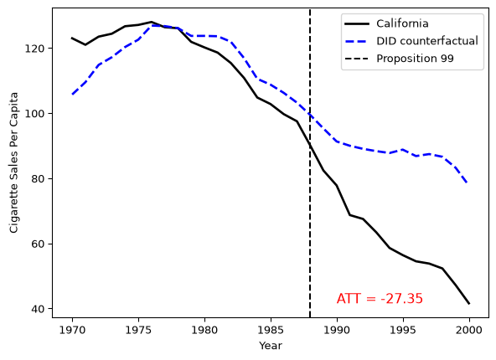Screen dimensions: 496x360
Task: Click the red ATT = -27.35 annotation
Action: tap(380, 299)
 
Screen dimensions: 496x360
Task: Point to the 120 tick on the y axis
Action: tap(34, 49)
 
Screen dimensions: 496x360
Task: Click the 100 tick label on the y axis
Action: tap(34, 114)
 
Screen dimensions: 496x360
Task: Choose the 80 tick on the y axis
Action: tap(37, 178)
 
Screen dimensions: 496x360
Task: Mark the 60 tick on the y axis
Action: tap(37, 244)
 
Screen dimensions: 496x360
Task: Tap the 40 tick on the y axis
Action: tap(37, 309)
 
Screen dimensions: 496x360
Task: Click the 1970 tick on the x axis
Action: tap(72, 331)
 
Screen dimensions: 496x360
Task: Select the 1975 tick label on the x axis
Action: tap(138, 331)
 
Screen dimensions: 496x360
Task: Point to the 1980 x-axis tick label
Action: tap(204, 331)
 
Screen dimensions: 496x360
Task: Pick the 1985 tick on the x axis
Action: tap(271, 331)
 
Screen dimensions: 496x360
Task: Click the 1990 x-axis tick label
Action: tap(337, 331)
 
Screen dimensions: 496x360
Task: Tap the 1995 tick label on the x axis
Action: tap(403, 331)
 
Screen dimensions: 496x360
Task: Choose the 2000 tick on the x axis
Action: tap(469, 331)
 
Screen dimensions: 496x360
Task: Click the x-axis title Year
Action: tap(271, 346)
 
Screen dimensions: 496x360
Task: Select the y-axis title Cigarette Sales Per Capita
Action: tap(14, 162)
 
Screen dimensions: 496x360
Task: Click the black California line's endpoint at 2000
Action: tap(469, 304)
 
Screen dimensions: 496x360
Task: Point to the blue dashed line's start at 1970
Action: tap(72, 95)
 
